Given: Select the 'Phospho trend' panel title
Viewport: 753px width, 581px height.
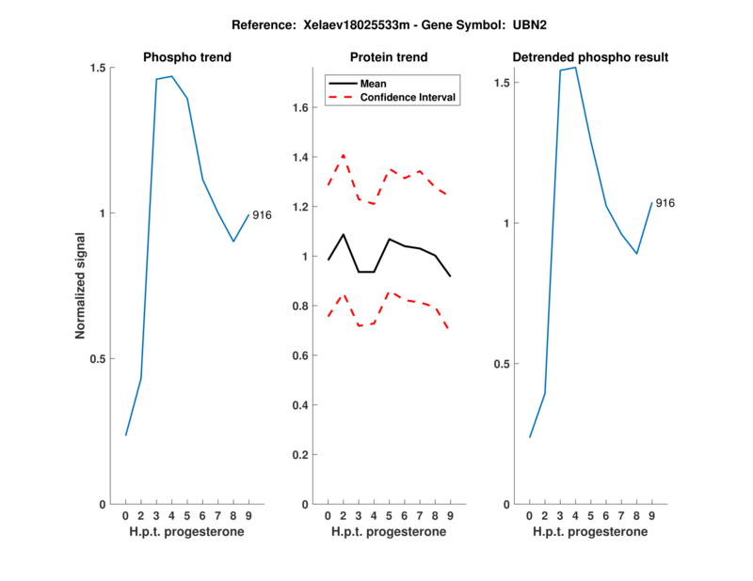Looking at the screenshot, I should coord(187,57).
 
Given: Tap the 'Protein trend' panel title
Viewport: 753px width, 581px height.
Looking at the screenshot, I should coord(389,57).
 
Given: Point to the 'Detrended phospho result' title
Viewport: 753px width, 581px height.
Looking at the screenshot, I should coord(590,57).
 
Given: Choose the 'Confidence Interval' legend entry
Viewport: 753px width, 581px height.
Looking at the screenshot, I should coord(408,97).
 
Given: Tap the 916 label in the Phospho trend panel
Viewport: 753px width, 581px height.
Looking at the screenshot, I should coord(262,215).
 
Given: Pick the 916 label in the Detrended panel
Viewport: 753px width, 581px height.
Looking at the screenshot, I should coord(665,203).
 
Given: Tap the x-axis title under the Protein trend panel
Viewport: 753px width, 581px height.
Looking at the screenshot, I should coord(389,532).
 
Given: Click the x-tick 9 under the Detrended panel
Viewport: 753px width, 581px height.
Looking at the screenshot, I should coord(651,515).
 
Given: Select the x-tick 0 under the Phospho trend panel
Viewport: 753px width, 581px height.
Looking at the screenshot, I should coord(125,515).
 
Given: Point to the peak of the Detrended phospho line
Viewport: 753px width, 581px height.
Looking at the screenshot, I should coord(575,68).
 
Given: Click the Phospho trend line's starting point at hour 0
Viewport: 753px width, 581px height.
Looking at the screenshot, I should coord(126,435).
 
